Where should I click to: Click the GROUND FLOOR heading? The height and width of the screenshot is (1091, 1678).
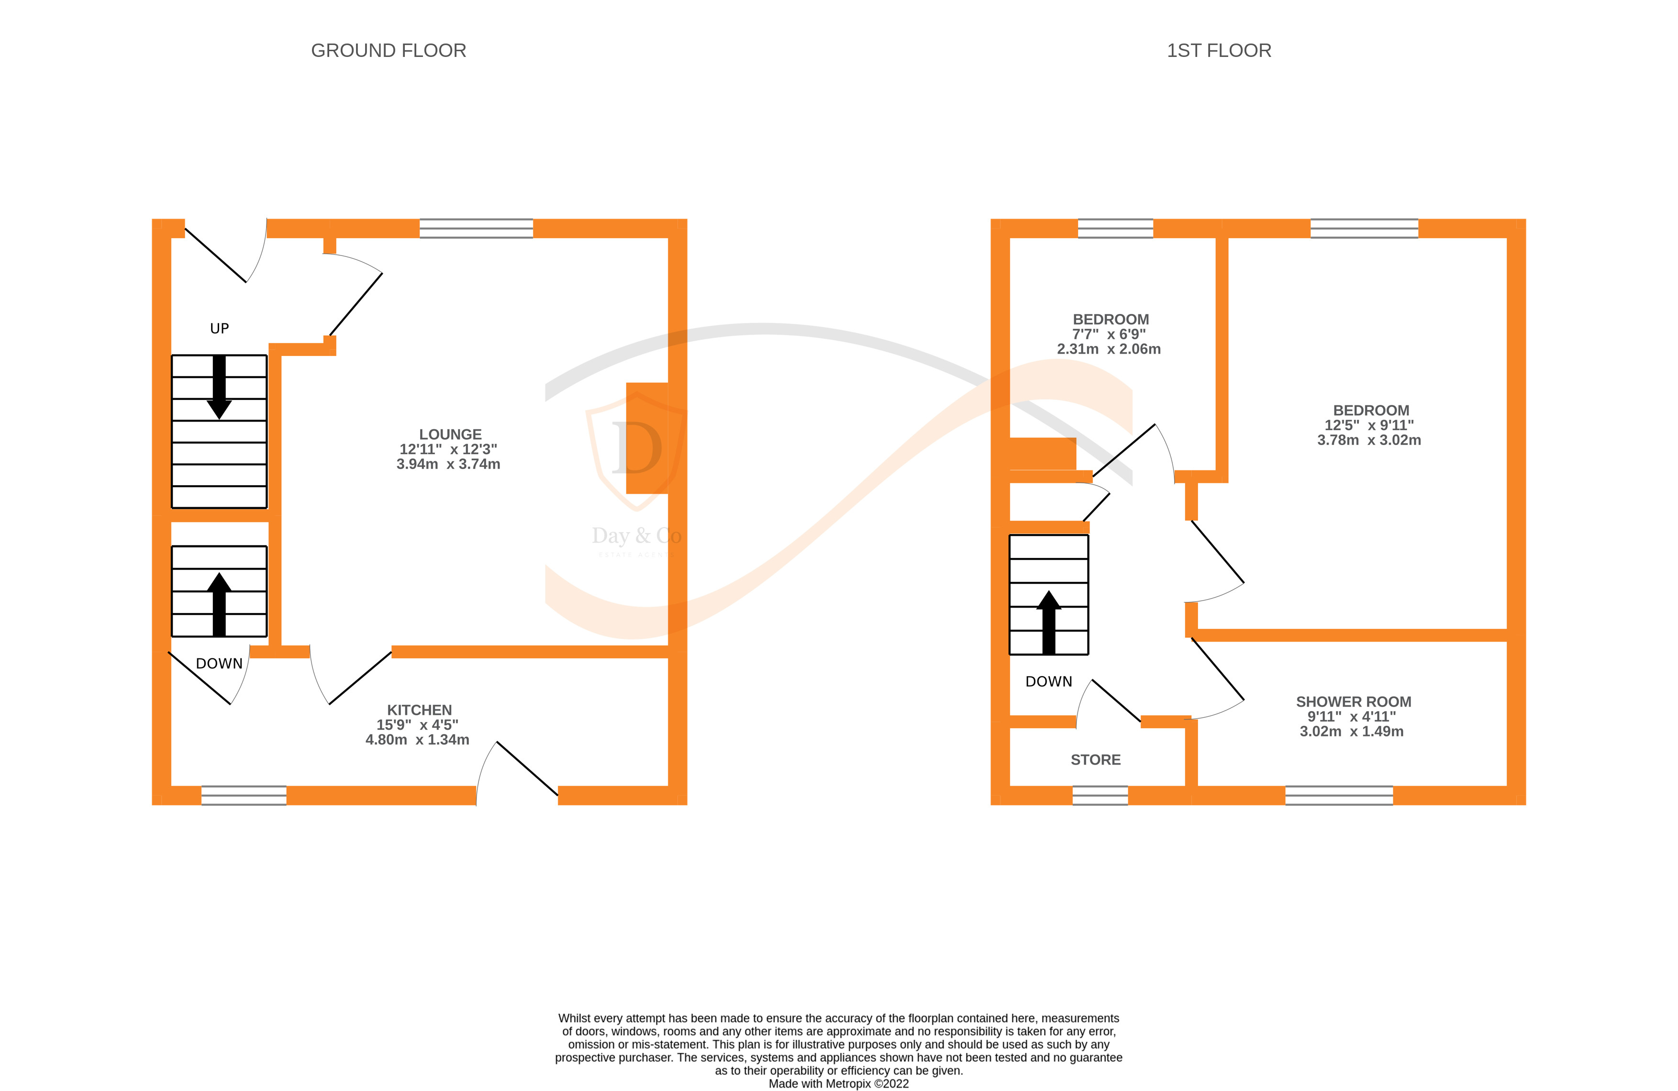click(x=389, y=51)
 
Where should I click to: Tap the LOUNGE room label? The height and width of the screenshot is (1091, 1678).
click(x=450, y=434)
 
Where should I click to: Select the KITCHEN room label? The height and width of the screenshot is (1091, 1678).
click(x=419, y=710)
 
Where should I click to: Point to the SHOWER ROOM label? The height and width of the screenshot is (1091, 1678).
click(x=1353, y=701)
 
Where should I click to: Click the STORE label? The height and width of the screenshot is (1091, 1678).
click(x=1095, y=759)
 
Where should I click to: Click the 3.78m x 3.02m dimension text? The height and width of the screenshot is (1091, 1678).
click(x=1368, y=440)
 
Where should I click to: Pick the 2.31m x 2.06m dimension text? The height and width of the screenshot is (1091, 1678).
click(x=1108, y=349)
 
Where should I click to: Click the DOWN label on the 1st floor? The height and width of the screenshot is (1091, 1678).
click(x=1048, y=681)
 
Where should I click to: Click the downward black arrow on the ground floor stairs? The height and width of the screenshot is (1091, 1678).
click(x=219, y=387)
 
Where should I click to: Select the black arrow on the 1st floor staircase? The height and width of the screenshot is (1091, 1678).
click(x=1048, y=621)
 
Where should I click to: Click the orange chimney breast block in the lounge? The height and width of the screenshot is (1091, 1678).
click(x=646, y=438)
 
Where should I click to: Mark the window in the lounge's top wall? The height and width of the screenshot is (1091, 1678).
click(x=476, y=229)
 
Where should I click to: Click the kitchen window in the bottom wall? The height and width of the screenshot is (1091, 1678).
click(x=244, y=795)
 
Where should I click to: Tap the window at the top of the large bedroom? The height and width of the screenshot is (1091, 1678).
click(x=1364, y=229)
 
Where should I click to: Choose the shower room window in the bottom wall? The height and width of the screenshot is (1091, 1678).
click(x=1338, y=795)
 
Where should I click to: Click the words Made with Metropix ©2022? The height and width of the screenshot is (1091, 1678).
click(x=838, y=1083)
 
